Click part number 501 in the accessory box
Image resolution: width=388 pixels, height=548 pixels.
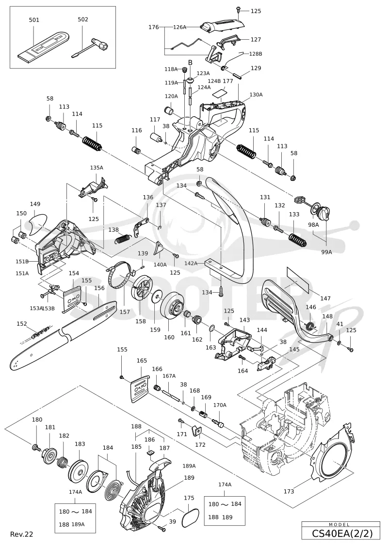point(34,20)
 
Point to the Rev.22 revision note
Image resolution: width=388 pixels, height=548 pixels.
point(22,534)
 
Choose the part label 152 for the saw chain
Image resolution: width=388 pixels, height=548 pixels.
point(22,324)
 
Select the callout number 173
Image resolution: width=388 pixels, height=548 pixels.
point(289,491)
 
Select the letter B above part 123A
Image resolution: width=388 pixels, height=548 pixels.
point(190,62)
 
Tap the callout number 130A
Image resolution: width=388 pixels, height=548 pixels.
point(256,94)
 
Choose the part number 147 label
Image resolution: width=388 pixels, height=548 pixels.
point(325,298)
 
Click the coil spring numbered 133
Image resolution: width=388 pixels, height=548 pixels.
point(298,240)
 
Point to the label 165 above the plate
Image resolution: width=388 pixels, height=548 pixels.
point(142,360)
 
